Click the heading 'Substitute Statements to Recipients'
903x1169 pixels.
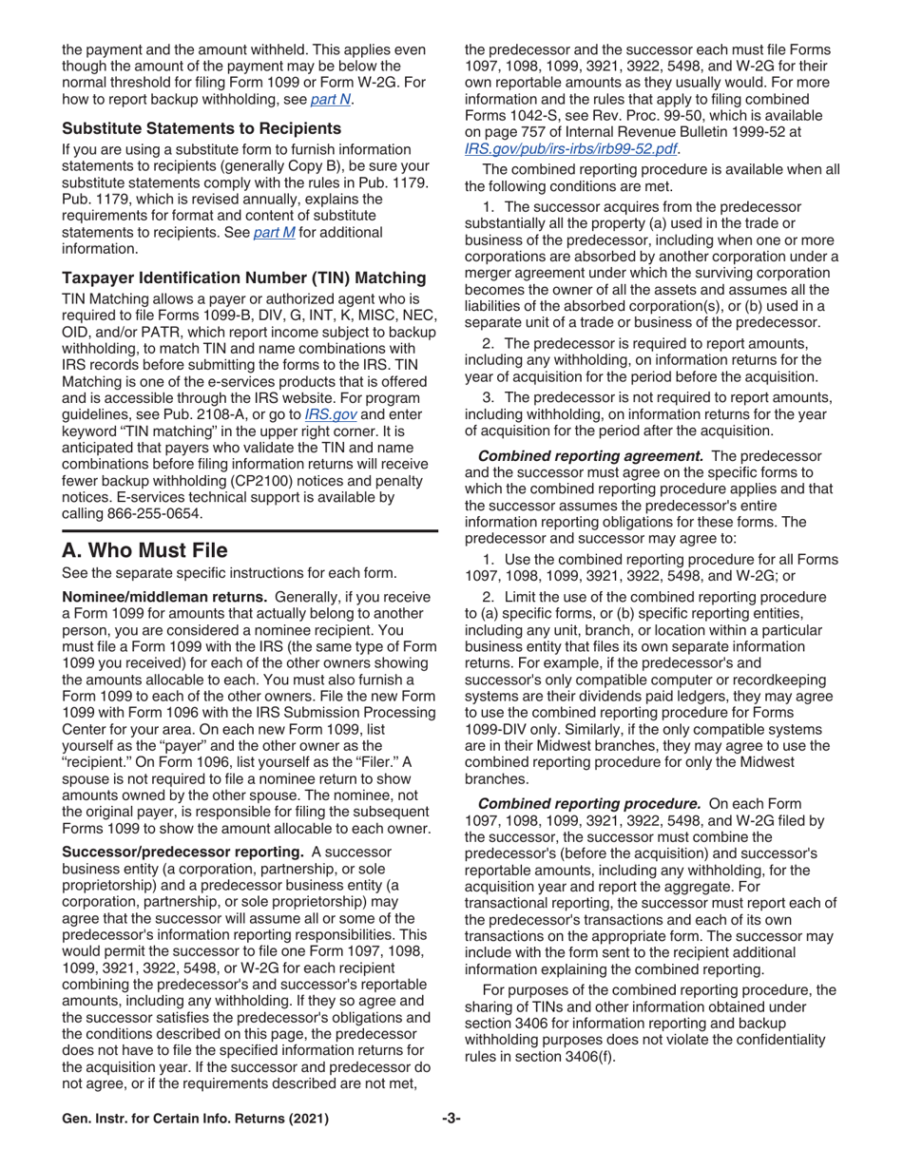point(189,128)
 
